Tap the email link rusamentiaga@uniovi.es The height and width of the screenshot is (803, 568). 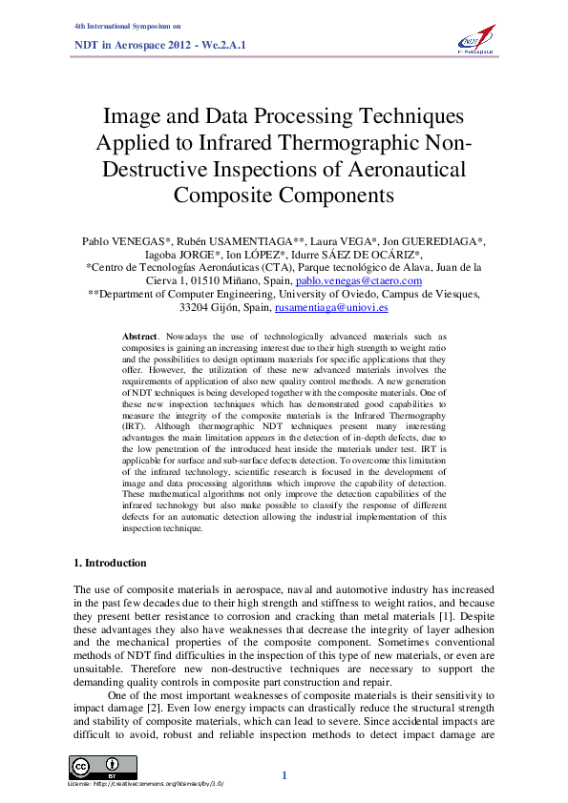click(x=331, y=308)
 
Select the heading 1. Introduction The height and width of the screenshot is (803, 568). click(x=111, y=563)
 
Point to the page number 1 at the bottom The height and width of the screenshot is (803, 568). click(x=284, y=775)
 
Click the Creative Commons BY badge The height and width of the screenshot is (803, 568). click(x=102, y=767)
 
